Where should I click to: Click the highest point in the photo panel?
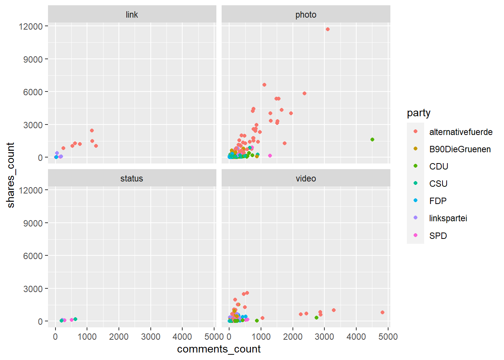(x=328, y=29)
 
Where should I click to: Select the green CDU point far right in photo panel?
(x=372, y=139)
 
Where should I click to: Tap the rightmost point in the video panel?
(x=382, y=312)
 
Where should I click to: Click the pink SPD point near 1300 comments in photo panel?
(x=270, y=156)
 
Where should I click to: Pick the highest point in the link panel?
(x=92, y=130)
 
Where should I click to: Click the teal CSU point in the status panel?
(x=75, y=319)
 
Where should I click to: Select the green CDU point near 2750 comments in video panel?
(x=316, y=318)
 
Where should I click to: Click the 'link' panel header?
(x=132, y=15)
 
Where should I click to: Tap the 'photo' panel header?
(x=306, y=15)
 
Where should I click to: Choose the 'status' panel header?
(x=132, y=178)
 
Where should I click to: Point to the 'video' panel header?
(x=306, y=178)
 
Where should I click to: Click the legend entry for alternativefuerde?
(x=460, y=132)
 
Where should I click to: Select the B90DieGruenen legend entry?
(x=460, y=149)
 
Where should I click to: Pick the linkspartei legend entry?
(x=448, y=218)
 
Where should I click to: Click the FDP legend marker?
(x=415, y=201)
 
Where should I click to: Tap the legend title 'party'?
(x=418, y=113)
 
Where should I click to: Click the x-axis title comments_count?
(x=219, y=349)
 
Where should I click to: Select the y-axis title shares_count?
(x=10, y=175)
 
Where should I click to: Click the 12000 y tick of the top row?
(x=31, y=26)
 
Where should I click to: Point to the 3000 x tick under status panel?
(x=151, y=336)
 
